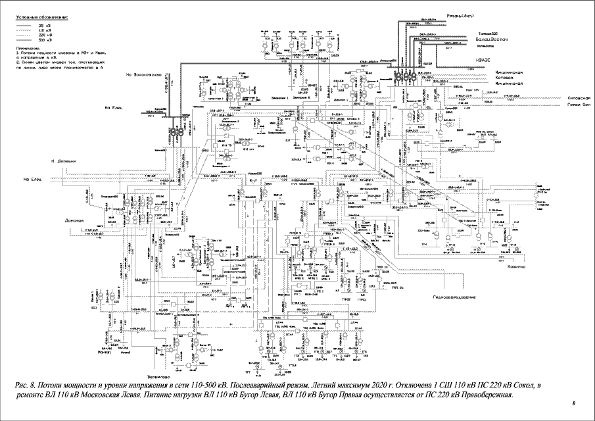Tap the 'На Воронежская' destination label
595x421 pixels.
(x=143, y=75)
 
